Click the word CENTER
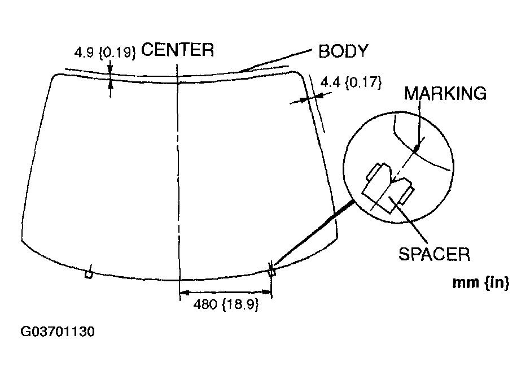[x=177, y=50]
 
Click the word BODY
[x=343, y=51]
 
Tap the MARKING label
[x=445, y=93]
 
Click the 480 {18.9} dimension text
[x=226, y=304]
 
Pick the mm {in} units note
[x=481, y=283]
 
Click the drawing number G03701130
[x=58, y=331]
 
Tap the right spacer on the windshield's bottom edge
[x=271, y=272]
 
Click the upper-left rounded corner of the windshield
[x=55, y=78]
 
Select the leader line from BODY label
[x=277, y=60]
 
